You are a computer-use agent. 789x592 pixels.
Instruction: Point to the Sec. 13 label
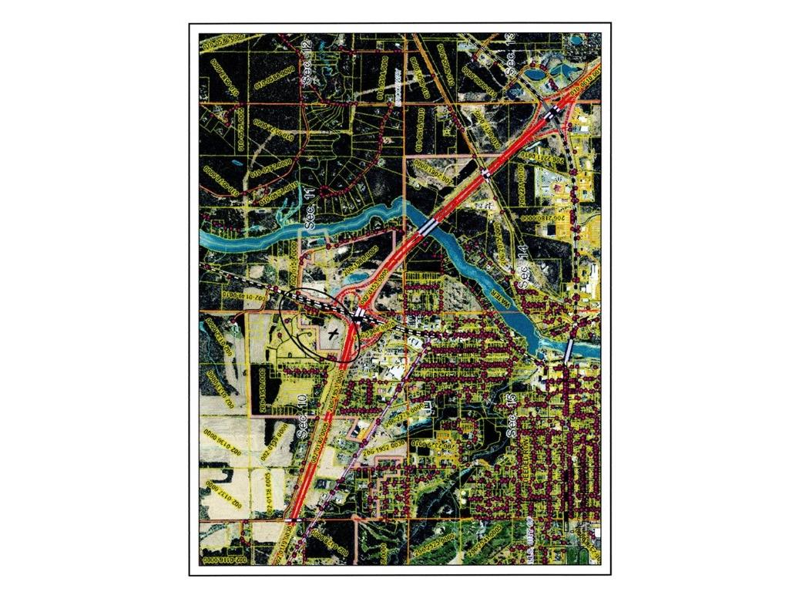tap(510, 55)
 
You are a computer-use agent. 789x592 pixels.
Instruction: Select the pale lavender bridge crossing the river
tap(569, 350)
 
